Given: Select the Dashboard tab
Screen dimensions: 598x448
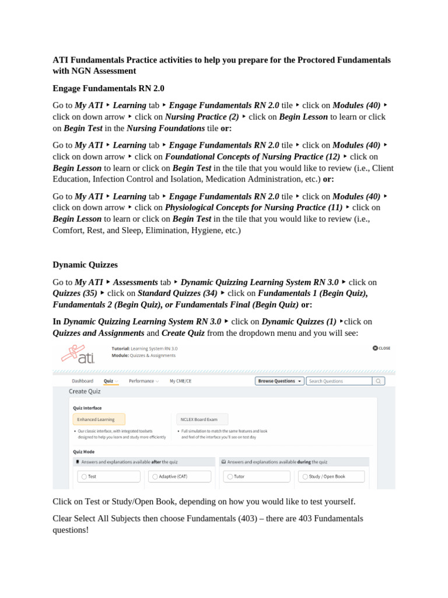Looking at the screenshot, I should pos(82,381).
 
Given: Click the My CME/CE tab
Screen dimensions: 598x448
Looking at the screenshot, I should pos(180,381).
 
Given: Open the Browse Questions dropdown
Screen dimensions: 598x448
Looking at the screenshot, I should pos(280,381).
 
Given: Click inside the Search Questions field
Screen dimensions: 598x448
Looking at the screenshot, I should pos(338,381).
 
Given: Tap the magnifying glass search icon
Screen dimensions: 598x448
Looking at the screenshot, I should pos(379,381).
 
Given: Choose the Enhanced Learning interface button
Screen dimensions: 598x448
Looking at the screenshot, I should pos(99,419).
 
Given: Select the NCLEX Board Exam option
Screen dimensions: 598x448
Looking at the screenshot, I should pos(202,419).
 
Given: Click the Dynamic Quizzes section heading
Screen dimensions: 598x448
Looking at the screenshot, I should pos(85,265).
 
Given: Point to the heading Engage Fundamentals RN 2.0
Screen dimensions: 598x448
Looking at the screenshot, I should pos(108,88).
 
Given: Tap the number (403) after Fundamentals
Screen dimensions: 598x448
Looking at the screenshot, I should pos(245,519).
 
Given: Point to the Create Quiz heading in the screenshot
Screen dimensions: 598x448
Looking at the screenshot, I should pos(85,391).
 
